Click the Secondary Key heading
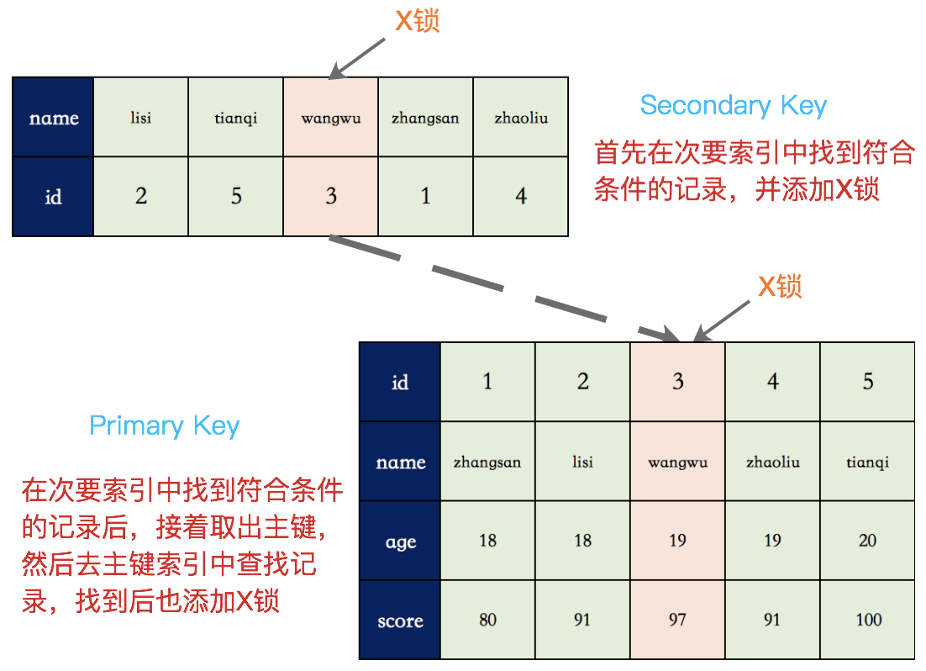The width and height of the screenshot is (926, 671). [734, 106]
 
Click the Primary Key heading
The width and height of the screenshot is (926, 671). [165, 425]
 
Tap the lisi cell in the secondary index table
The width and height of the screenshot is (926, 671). [141, 118]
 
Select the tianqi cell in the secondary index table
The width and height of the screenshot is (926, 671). [236, 118]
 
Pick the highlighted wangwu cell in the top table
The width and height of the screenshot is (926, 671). [331, 118]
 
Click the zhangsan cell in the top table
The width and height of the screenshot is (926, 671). [425, 118]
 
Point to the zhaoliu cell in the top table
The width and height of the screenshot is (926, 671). [521, 118]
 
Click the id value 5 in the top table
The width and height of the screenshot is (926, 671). [236, 197]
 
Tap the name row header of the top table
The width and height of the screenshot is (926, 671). [53, 118]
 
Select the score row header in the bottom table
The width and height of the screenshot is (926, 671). [400, 621]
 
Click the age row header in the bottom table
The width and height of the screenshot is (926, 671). [400, 542]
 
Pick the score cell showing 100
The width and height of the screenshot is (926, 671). [868, 621]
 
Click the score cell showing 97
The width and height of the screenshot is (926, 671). [677, 621]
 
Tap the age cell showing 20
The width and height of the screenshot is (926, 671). [868, 541]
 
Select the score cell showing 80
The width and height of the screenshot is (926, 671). [487, 621]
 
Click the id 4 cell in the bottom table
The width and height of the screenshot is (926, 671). [772, 383]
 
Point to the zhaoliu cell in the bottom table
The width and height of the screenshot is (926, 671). [772, 462]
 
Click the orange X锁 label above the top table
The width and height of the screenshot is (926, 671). [418, 21]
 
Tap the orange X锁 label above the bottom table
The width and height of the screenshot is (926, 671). [780, 287]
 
